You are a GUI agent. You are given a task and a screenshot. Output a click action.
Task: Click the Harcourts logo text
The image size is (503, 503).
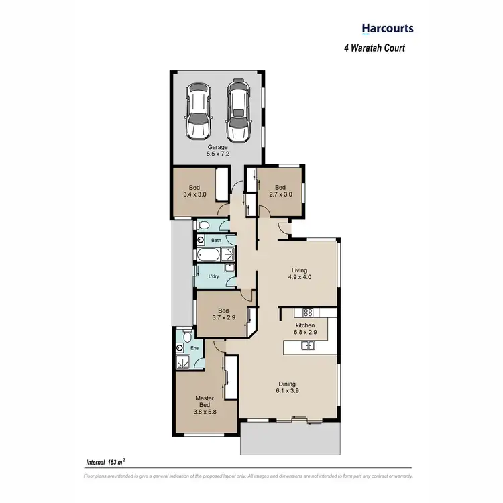point(388,28)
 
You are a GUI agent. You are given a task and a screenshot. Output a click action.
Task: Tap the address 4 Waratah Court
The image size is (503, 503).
point(375,48)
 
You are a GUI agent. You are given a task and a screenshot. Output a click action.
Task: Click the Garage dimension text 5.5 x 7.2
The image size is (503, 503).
point(217,154)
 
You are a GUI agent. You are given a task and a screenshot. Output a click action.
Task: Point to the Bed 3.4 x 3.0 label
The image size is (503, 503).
point(194,191)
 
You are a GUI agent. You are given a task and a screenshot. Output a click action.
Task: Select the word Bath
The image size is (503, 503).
point(216,240)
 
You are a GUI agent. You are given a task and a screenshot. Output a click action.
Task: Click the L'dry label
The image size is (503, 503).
point(214,276)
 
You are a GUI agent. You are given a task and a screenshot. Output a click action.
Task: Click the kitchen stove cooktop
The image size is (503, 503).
point(308,312)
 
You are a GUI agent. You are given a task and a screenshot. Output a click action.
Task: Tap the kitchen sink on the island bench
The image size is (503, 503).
point(308,345)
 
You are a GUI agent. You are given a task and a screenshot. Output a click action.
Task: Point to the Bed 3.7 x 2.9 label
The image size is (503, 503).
point(223,315)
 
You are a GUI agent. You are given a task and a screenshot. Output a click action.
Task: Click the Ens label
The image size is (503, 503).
point(195,348)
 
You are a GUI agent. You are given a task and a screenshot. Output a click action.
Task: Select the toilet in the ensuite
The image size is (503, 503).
point(179,348)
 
